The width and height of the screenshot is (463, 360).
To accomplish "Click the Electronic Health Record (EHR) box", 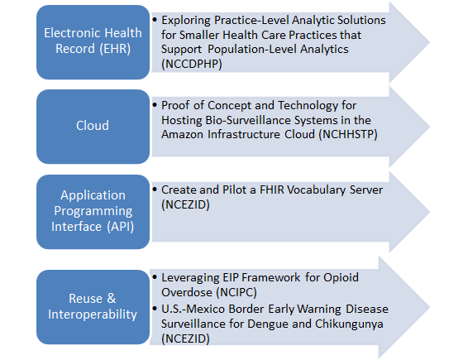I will (x=92, y=41).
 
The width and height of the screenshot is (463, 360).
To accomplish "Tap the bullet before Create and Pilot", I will (x=155, y=190).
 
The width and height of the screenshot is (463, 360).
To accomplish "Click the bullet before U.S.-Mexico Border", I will (x=155, y=309).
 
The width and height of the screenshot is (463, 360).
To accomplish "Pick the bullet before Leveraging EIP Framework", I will (x=155, y=276).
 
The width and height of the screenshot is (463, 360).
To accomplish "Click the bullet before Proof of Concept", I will (x=155, y=105).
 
